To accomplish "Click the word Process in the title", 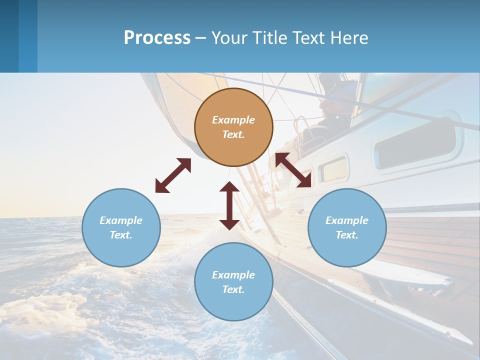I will click(x=157, y=38).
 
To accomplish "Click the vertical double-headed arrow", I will click(x=229, y=205).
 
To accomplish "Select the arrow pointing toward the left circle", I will click(x=173, y=175).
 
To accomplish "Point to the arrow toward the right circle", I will click(x=293, y=170).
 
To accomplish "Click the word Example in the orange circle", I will click(x=233, y=120).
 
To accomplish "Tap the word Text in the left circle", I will click(x=121, y=235).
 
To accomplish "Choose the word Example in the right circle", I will click(x=347, y=220).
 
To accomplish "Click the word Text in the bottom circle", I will click(x=233, y=289).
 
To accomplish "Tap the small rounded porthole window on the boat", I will click(x=333, y=169).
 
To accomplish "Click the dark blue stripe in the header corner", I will click(x=9, y=36).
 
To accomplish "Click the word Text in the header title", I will click(x=311, y=38).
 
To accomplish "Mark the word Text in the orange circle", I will click(x=233, y=134).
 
